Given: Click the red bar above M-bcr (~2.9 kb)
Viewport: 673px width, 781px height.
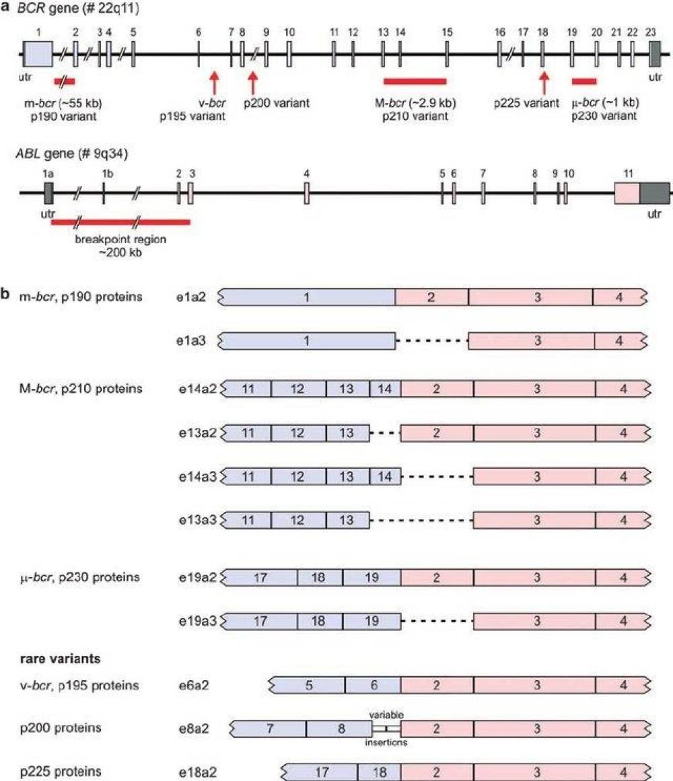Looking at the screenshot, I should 415,81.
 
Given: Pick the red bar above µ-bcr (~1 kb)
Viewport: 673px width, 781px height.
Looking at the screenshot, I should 583,81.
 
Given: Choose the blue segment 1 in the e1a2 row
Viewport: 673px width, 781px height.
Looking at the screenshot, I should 308,297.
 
